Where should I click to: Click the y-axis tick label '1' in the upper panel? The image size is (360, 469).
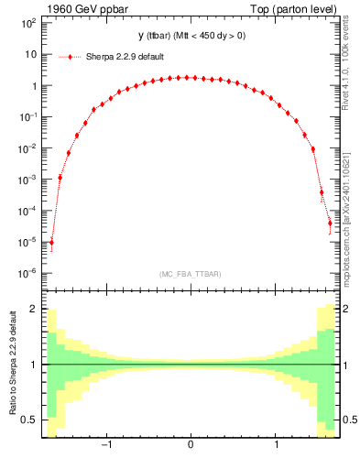tap(33, 85)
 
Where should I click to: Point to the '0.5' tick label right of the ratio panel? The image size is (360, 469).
tap(349, 420)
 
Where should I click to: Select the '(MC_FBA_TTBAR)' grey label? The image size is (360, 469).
tap(190, 274)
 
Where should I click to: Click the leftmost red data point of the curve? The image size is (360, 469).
tap(51, 243)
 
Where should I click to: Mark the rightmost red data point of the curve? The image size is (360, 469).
tap(330, 223)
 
